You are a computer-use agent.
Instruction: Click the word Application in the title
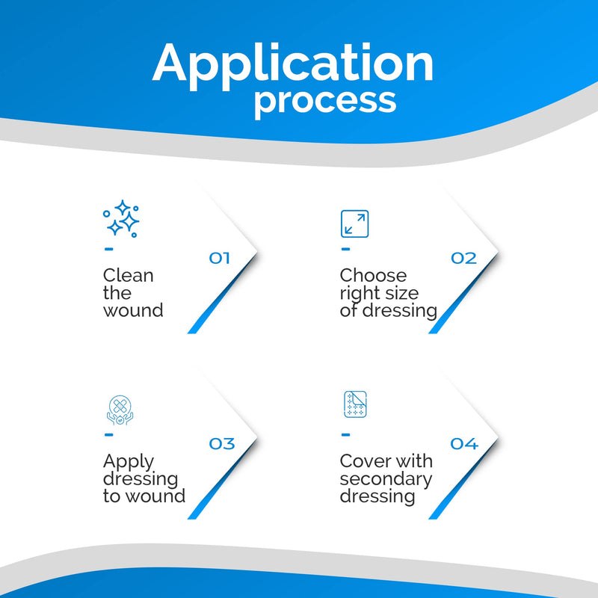(292, 66)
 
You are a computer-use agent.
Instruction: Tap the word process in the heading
(325, 102)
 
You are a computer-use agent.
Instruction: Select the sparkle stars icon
(121, 218)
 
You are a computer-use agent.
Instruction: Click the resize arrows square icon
(354, 224)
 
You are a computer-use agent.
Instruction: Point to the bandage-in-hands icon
(120, 410)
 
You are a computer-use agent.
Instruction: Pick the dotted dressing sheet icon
(355, 404)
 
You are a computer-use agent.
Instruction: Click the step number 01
(219, 258)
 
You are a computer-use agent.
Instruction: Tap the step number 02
(463, 258)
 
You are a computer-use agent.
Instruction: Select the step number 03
(222, 443)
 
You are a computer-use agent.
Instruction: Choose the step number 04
(464, 443)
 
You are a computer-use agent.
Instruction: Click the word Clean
(128, 275)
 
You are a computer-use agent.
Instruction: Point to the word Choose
(373, 275)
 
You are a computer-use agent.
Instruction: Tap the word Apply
(129, 462)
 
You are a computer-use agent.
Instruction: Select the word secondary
(386, 480)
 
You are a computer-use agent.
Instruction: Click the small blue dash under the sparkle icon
(108, 250)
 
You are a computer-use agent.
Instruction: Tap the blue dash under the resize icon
(345, 250)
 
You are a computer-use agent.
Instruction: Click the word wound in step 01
(133, 310)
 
